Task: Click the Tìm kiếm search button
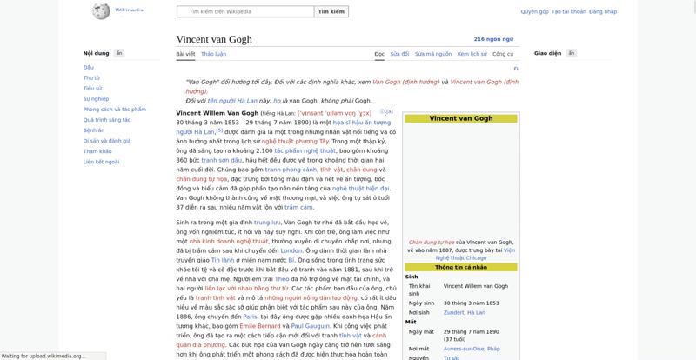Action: click(331, 12)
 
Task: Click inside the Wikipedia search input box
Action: click(244, 12)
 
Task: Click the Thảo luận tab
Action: click(213, 54)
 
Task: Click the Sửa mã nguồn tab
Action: click(433, 54)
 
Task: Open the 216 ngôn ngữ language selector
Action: click(493, 39)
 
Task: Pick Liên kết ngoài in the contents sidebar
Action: click(101, 162)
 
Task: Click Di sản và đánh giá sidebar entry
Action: click(107, 141)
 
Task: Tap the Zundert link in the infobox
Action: click(453, 312)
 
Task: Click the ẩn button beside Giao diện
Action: click(572, 53)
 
